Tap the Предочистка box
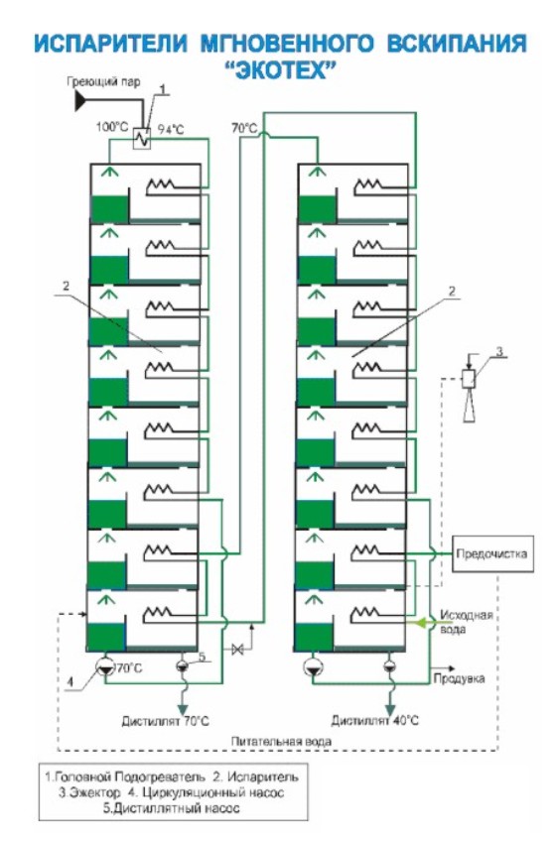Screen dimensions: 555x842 (492, 553)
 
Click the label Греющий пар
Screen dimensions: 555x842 (104, 81)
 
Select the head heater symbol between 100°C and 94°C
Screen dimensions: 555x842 (142, 139)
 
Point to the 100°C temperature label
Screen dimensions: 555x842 (112, 127)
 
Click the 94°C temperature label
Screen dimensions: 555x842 (171, 129)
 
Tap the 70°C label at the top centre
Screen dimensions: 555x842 (244, 128)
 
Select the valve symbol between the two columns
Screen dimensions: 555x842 (237, 650)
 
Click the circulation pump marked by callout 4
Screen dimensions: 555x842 (105, 666)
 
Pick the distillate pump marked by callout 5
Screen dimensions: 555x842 (182, 665)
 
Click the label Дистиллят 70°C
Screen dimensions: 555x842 (165, 721)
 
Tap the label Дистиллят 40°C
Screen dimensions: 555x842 (374, 721)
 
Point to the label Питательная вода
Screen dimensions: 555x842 (281, 742)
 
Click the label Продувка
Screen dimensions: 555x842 (460, 678)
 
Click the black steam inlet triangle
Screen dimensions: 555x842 (80, 100)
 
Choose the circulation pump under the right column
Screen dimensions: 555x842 (313, 666)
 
